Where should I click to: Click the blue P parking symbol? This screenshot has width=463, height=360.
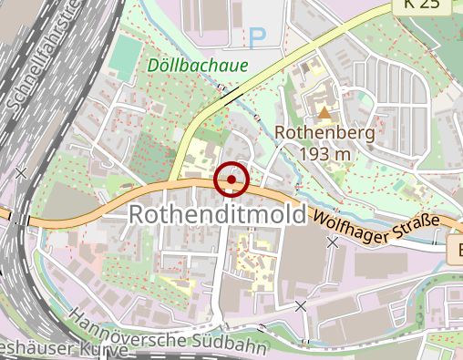click(x=258, y=37)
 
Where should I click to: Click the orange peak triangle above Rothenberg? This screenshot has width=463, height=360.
click(x=325, y=113)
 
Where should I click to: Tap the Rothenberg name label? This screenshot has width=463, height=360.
click(x=325, y=133)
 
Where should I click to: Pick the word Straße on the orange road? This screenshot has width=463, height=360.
click(x=416, y=225)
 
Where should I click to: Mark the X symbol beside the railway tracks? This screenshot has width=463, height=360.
click(x=21, y=172)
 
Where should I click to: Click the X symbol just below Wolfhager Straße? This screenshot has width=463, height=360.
click(x=333, y=242)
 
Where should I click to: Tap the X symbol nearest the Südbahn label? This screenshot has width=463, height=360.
click(x=301, y=306)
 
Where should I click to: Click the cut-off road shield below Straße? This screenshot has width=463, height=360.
click(x=456, y=249)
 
